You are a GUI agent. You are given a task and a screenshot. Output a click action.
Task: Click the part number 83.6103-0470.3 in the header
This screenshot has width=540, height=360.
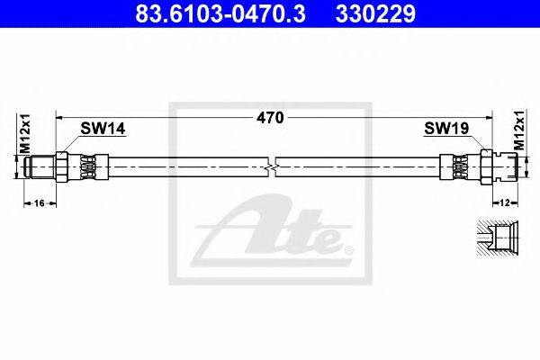(x=220, y=13)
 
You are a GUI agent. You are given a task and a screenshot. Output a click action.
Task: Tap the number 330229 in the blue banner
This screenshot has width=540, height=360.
(x=375, y=13)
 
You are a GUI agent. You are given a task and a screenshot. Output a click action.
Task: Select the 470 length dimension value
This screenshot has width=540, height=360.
(x=270, y=118)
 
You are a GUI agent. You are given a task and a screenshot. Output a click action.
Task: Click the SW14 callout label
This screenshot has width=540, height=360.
(x=103, y=129)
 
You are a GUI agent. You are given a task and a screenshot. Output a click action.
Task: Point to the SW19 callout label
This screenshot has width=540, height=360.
(x=446, y=129)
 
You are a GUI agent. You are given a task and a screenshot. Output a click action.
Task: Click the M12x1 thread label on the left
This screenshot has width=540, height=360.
(x=25, y=134)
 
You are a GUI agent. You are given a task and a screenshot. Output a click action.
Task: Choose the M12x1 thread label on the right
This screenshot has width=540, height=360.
(x=519, y=130)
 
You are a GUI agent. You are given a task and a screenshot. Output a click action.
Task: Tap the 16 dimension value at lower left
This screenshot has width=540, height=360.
(x=40, y=203)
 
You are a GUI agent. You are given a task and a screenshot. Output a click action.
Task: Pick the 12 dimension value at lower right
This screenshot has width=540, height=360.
(x=505, y=203)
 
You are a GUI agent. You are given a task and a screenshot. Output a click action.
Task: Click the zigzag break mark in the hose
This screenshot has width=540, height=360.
(x=272, y=167)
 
